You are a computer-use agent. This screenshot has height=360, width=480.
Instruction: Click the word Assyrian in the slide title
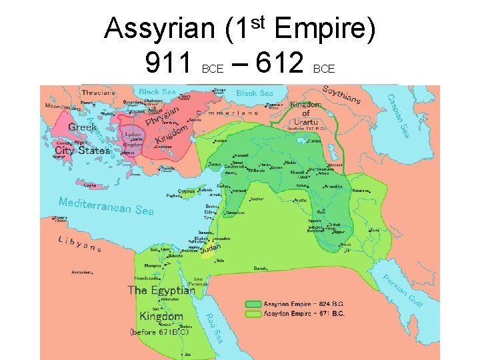159,29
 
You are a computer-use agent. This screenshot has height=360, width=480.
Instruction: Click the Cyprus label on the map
186,191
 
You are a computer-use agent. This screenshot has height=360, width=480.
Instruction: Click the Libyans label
79,244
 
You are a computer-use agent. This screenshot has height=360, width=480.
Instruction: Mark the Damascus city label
235,213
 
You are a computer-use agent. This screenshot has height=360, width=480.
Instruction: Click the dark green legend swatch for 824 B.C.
253,303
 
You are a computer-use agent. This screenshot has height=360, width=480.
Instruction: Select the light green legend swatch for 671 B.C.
253,313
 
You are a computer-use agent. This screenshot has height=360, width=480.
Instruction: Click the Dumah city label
260,268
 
